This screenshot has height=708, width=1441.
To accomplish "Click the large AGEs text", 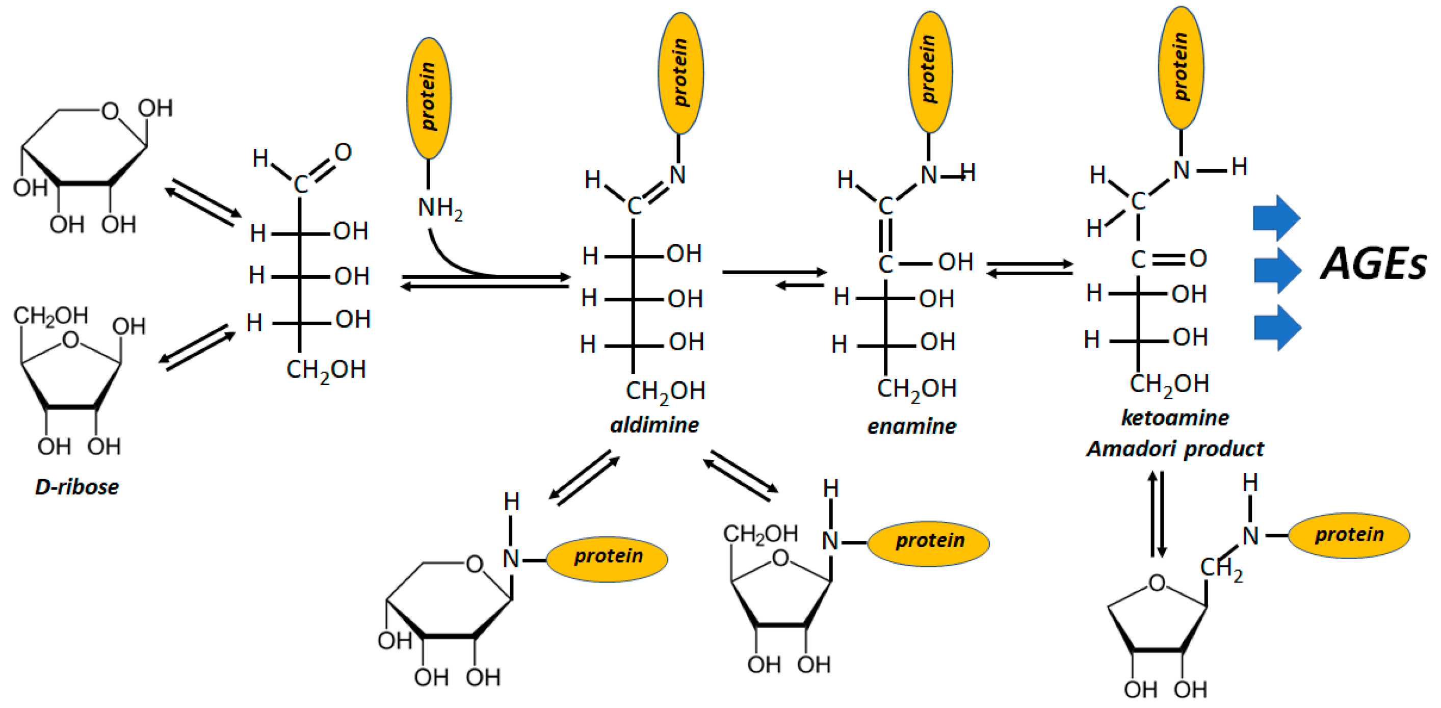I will pyautogui.click(x=1373, y=264).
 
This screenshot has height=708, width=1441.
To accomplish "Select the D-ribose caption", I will pyautogui.click(x=76, y=487).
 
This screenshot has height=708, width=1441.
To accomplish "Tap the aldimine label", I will pyautogui.click(x=654, y=425).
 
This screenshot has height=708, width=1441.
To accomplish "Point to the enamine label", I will pyautogui.click(x=911, y=426).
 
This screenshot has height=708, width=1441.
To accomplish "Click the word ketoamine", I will pyautogui.click(x=1175, y=418).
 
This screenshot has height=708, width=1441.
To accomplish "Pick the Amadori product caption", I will pyautogui.click(x=1175, y=449).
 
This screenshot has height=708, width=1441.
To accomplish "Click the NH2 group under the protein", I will pyautogui.click(x=440, y=208).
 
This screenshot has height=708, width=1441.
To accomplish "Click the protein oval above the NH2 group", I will pyautogui.click(x=429, y=98).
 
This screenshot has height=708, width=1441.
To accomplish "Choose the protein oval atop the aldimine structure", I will pyautogui.click(x=680, y=73).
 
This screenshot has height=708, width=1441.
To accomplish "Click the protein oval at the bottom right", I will pyautogui.click(x=1349, y=535).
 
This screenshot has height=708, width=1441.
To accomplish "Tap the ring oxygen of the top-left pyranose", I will pyautogui.click(x=110, y=111).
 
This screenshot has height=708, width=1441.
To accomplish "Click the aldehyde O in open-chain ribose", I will pyautogui.click(x=343, y=152).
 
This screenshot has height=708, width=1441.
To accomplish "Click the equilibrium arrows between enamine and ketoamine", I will pyautogui.click(x=1029, y=268).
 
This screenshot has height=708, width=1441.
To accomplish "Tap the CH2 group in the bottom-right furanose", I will pyautogui.click(x=1221, y=569).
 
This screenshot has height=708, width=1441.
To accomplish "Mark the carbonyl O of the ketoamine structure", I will pyautogui.click(x=1198, y=258).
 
